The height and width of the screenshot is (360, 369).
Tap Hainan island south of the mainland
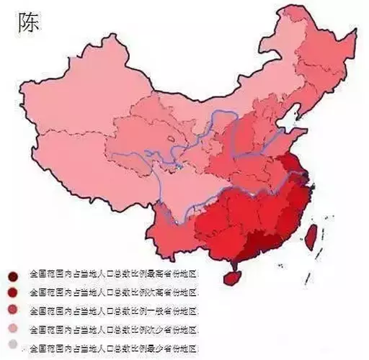point(232,275)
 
